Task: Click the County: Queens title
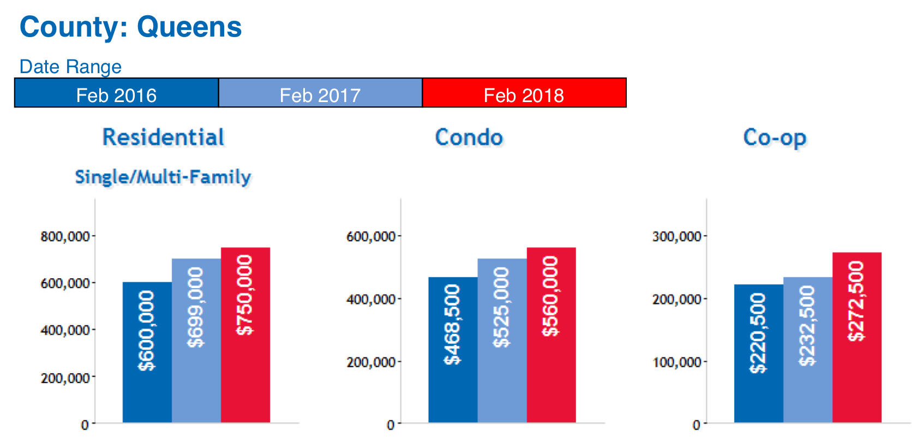click(130, 27)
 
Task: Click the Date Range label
click(70, 67)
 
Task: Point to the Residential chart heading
click(163, 137)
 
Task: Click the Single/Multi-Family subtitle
click(163, 177)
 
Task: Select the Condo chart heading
click(469, 137)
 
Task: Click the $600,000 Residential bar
click(147, 352)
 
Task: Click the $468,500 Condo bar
click(453, 349)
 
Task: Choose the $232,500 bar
click(807, 349)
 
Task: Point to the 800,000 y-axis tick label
click(65, 236)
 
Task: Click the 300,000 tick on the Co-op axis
click(676, 236)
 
